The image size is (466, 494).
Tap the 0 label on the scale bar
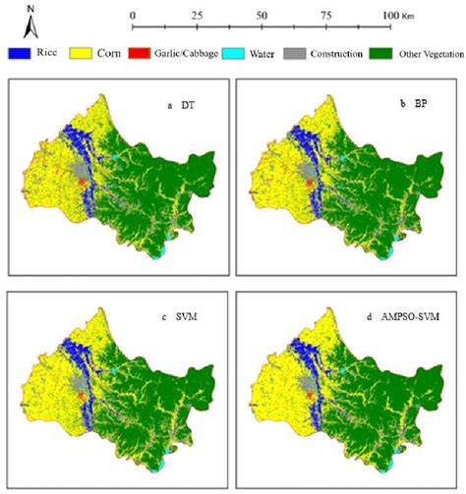(132, 16)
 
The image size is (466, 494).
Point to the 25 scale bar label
(197, 16)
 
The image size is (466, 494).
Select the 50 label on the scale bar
(262, 16)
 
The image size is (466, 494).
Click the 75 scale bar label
(327, 16)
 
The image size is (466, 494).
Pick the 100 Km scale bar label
(399, 16)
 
